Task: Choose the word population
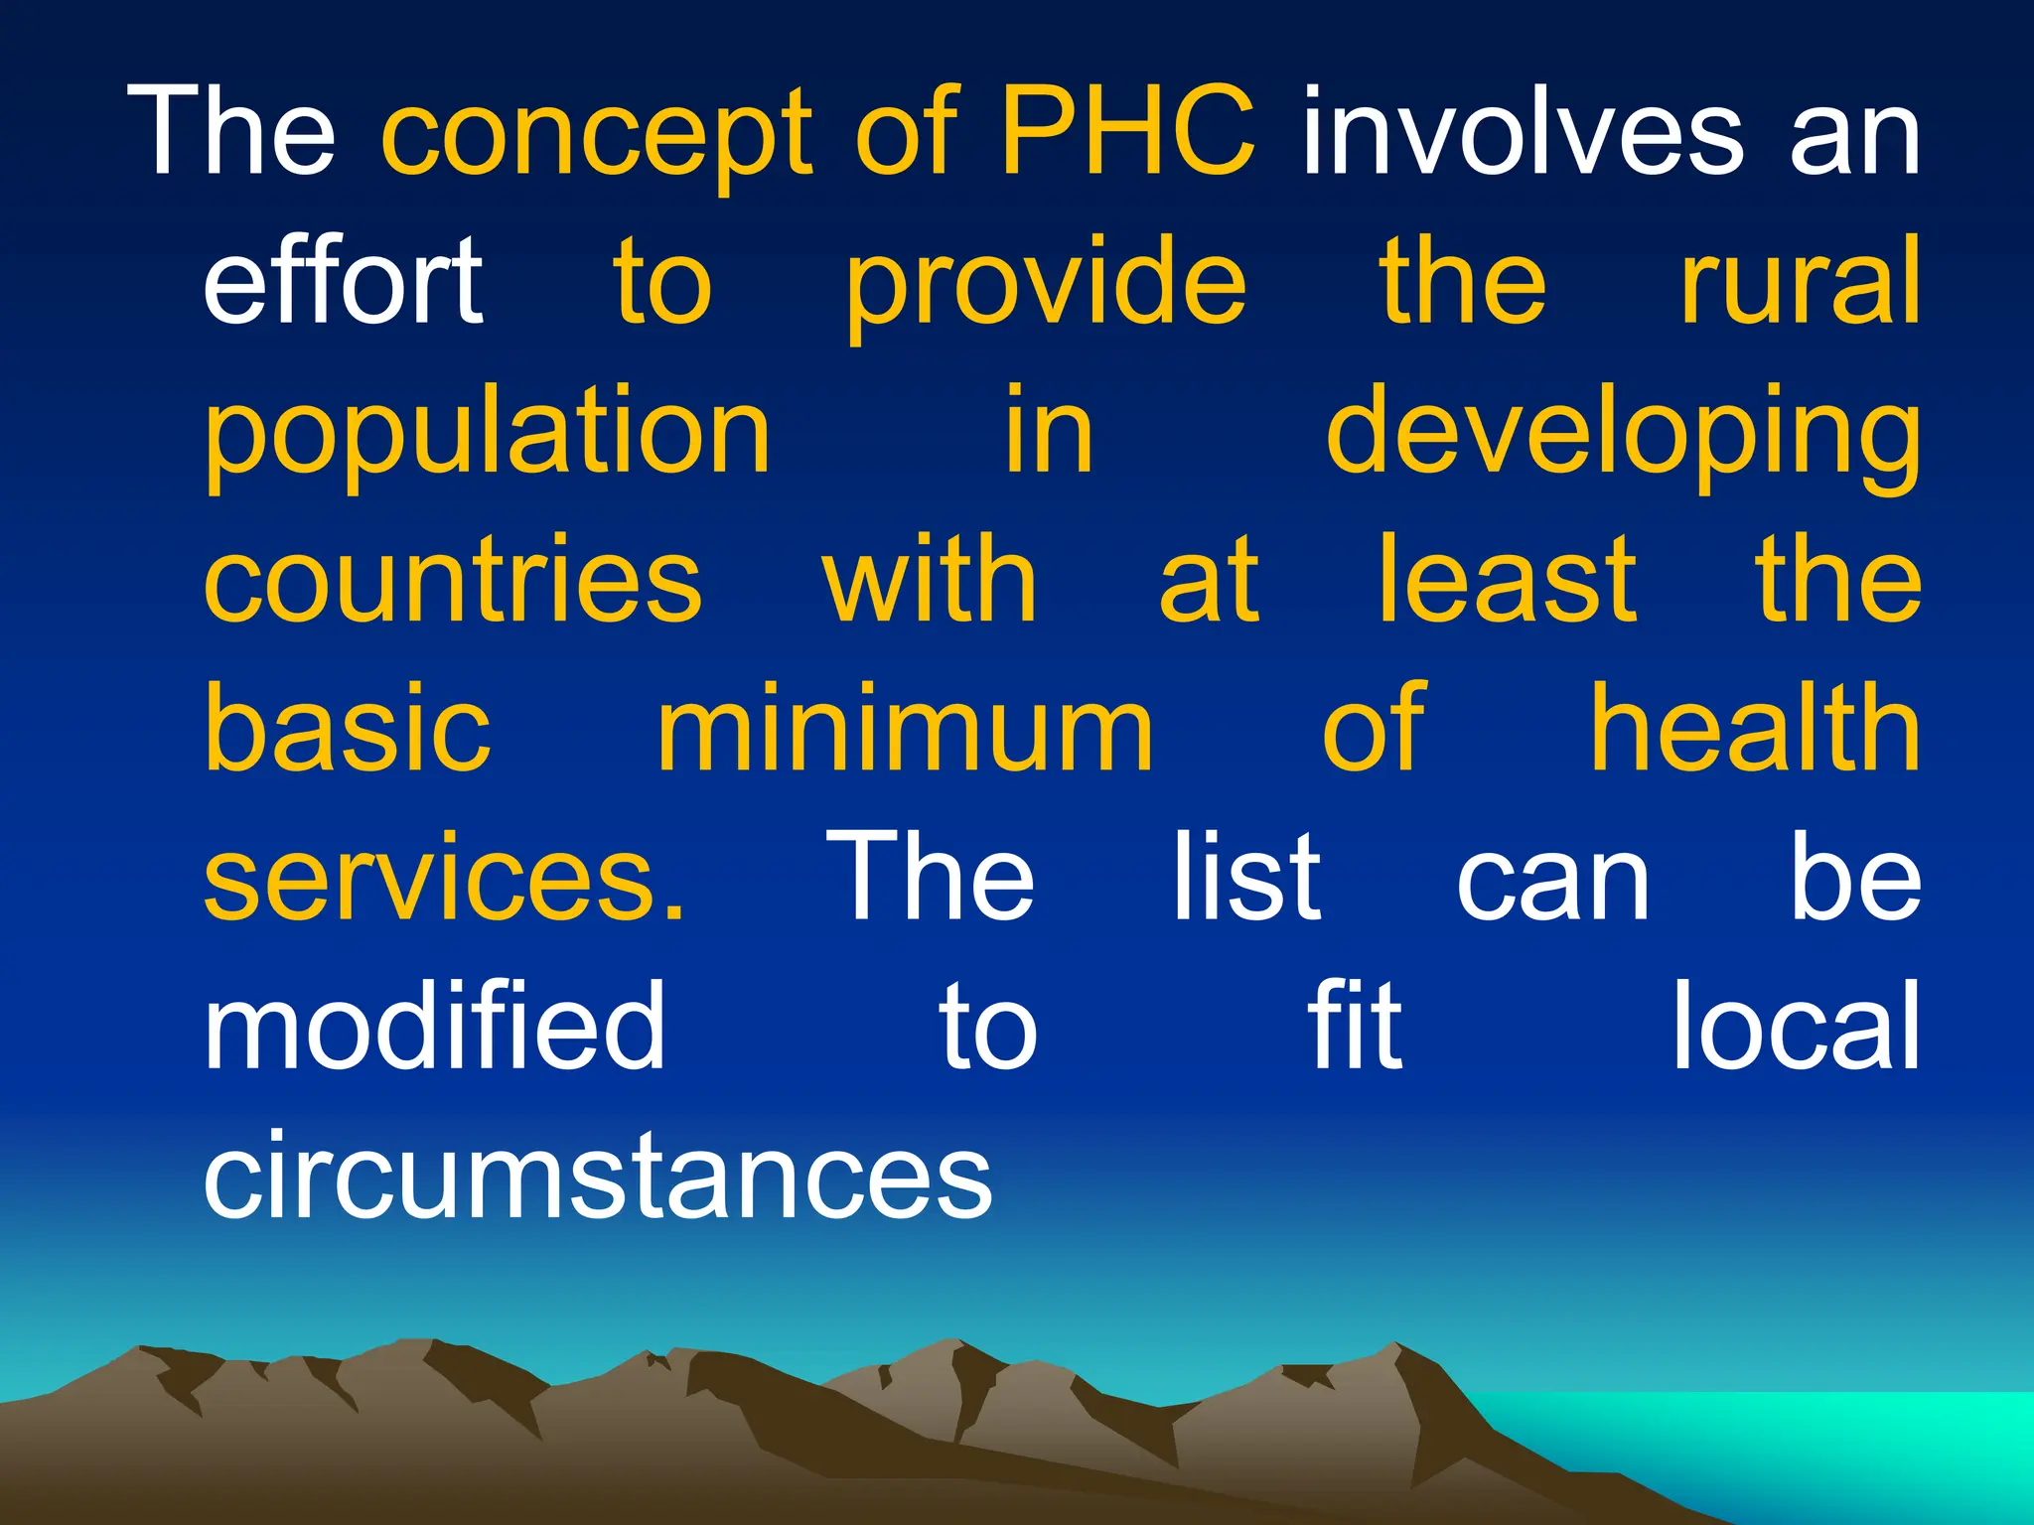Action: tap(487, 437)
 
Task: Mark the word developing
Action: tap(1623, 437)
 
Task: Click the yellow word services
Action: tap(443, 879)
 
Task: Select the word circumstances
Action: tap(597, 1176)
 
